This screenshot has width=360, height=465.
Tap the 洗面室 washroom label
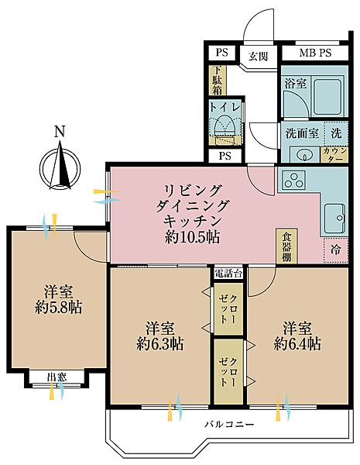tap(302, 133)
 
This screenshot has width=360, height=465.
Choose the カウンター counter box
tap(335, 152)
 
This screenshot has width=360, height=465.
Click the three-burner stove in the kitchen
tap(295, 182)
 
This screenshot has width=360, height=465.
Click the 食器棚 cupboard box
tap(286, 245)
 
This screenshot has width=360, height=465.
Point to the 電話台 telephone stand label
tap(229, 272)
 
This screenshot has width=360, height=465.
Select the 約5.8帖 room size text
tap(58, 308)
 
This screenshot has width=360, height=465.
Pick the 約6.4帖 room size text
tap(297, 343)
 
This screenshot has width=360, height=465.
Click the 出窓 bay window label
tap(56, 377)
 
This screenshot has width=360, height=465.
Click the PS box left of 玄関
tap(222, 53)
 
